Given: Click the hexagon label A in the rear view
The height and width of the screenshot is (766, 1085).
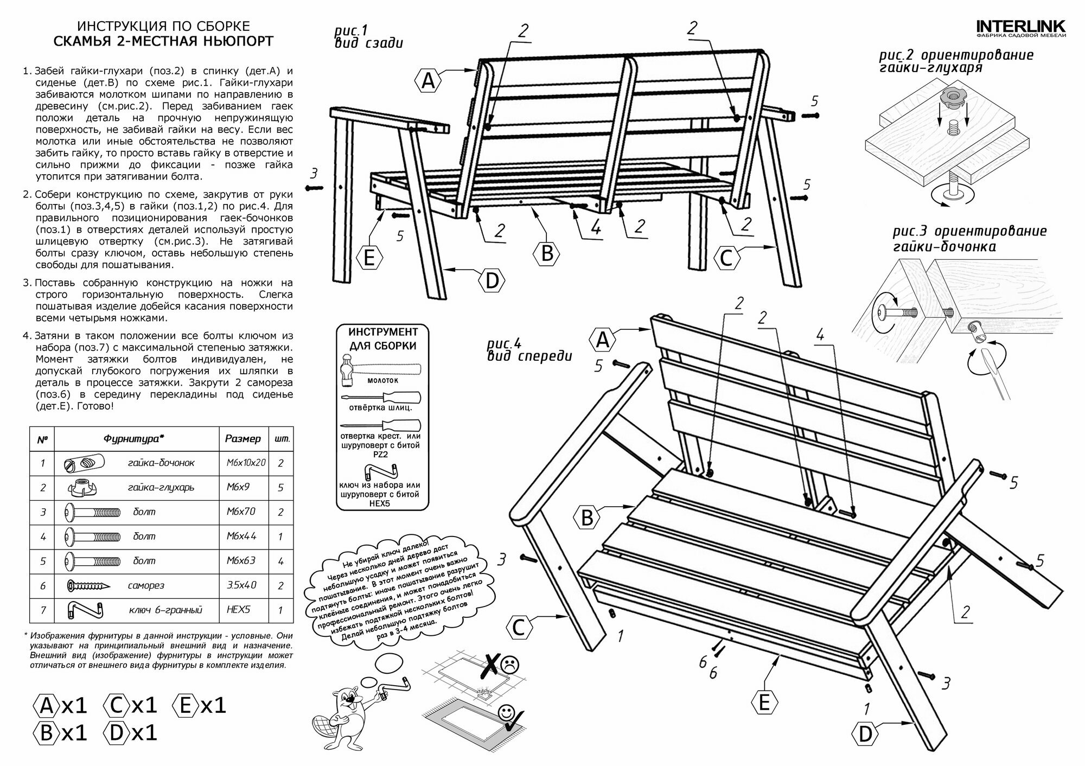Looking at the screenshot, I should [x=428, y=81].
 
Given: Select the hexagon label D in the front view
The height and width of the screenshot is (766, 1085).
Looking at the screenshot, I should [x=865, y=735].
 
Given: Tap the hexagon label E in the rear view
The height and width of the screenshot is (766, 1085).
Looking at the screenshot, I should [x=369, y=257].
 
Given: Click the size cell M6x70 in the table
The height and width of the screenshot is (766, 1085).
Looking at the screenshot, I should [x=241, y=512].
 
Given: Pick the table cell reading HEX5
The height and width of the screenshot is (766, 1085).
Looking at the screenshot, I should [x=239, y=610].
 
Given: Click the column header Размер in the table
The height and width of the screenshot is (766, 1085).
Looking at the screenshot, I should [x=242, y=438].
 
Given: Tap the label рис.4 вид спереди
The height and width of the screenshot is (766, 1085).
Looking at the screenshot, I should [x=529, y=350].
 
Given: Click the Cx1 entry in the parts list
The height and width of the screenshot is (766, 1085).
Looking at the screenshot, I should [x=130, y=705].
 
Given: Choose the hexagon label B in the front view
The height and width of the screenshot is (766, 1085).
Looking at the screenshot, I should [x=587, y=518].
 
